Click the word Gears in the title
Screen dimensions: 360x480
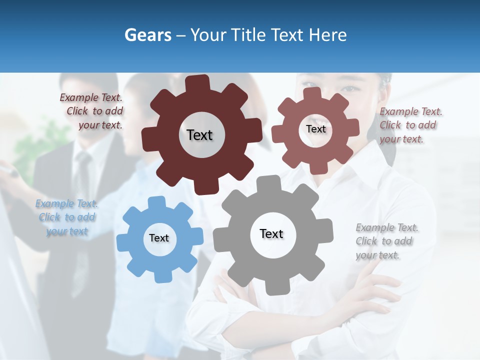[147, 35]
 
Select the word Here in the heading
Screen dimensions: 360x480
[327, 35]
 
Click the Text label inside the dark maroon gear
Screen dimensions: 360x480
[199, 135]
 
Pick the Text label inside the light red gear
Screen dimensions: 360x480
[315, 129]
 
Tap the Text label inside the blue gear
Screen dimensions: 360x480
[159, 238]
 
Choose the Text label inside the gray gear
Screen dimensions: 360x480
[271, 233]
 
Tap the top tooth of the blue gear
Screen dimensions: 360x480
[156, 203]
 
